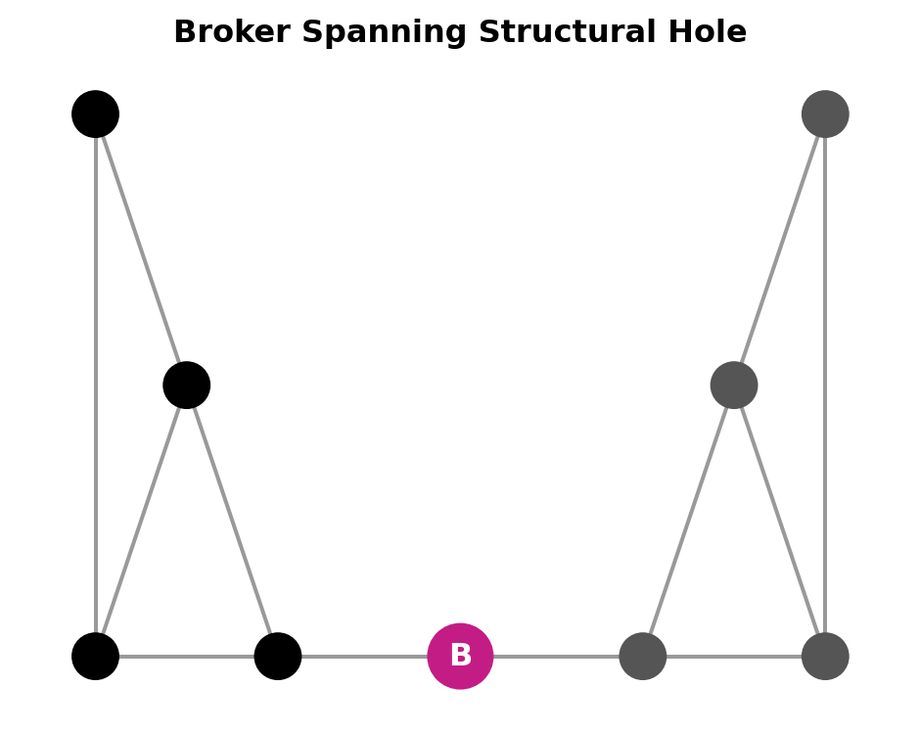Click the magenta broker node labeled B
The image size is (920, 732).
[x=460, y=656]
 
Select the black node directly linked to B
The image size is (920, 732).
[x=278, y=656]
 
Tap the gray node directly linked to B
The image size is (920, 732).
[x=643, y=656]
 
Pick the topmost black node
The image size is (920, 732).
[x=95, y=114]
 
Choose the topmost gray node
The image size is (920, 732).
[x=825, y=114]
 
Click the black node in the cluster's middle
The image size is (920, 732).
[x=187, y=385]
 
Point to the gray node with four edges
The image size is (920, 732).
[x=734, y=385]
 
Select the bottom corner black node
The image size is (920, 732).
[x=95, y=656]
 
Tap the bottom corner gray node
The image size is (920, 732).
[x=825, y=656]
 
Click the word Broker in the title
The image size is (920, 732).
[x=232, y=32]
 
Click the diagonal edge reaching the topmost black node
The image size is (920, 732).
[x=141, y=250]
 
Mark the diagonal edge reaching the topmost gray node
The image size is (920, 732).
[x=780, y=250]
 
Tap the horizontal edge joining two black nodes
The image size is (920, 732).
[x=186, y=656]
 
